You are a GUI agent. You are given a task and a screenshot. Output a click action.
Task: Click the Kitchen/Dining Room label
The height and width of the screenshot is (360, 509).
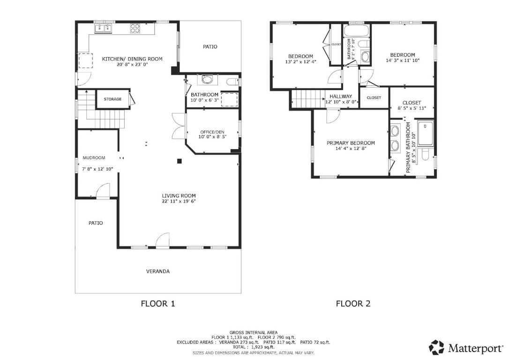click(x=132, y=59)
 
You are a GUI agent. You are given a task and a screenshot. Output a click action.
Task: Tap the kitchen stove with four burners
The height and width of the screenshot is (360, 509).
click(x=135, y=29)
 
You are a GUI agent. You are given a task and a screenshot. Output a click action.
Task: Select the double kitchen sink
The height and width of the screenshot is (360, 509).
click(x=103, y=29)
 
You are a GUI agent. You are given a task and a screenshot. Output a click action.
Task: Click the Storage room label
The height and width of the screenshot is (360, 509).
click(x=112, y=99)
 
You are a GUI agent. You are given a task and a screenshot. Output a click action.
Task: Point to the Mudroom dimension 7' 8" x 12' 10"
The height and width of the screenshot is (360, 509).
click(x=97, y=169)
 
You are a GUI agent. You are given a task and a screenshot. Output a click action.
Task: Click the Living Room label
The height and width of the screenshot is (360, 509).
click(x=179, y=195)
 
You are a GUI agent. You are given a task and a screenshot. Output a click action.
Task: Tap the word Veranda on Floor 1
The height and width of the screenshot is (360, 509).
click(x=158, y=271)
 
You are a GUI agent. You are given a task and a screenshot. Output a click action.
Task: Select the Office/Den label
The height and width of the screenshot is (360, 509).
click(x=212, y=131)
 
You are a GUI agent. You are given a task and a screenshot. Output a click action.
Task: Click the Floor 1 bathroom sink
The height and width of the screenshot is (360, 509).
click(x=207, y=80)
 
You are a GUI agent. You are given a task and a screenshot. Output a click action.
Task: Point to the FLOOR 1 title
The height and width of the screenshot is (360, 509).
click(x=158, y=304)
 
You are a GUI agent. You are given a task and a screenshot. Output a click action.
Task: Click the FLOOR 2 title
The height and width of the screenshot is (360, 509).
click(x=353, y=304)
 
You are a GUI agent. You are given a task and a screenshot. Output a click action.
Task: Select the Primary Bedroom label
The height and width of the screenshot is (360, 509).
click(x=351, y=143)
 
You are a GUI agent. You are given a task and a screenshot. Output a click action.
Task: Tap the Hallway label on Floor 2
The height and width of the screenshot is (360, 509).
click(x=341, y=97)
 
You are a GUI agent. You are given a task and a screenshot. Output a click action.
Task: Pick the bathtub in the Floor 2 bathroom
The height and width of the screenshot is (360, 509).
click(x=356, y=31)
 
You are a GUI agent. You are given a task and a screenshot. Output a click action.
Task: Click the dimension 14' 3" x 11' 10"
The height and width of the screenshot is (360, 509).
click(x=403, y=60)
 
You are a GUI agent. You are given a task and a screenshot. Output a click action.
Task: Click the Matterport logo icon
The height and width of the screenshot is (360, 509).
click(x=436, y=347)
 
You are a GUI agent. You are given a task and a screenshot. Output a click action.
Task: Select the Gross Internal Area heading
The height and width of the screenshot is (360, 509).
click(x=253, y=332)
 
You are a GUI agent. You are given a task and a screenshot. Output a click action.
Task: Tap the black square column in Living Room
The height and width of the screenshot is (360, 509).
click(x=179, y=161)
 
